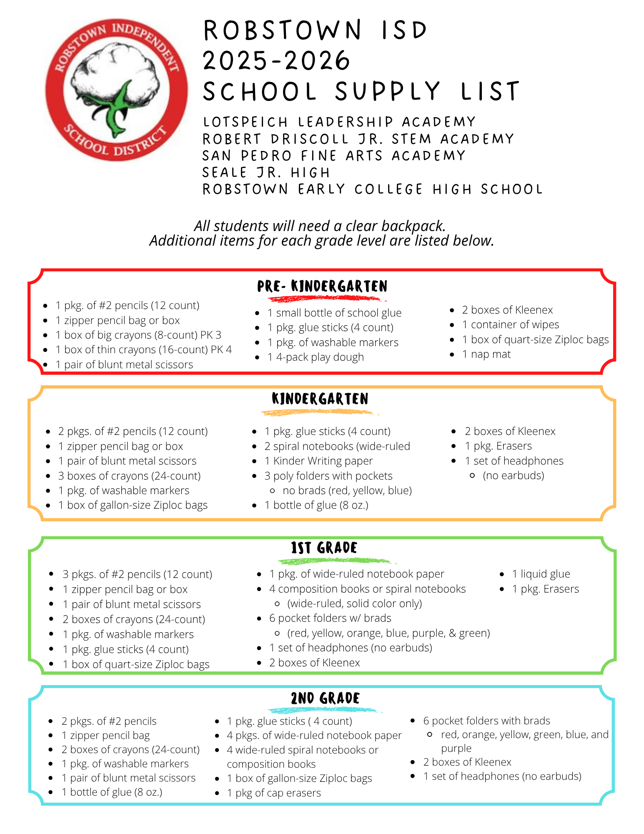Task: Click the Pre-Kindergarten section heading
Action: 322,286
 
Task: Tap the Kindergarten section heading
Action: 320,399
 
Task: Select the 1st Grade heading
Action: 324,548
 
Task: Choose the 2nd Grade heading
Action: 325,698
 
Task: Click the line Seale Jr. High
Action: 266,173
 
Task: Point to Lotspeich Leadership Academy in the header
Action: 339,122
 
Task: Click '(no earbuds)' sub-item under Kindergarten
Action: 513,476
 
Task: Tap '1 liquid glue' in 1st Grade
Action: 541,574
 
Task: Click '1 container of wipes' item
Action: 511,325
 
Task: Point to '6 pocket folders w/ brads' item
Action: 330,618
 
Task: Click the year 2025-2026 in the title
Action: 276,60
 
